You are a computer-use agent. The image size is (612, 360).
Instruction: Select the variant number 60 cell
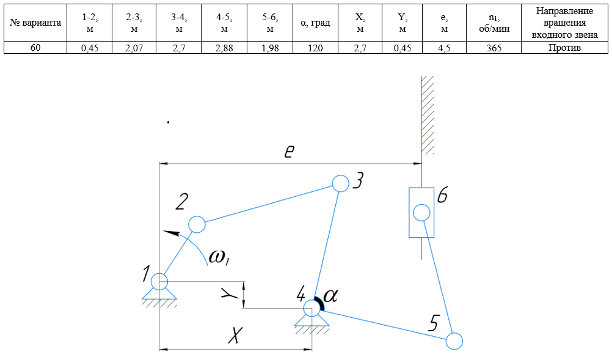point(35,48)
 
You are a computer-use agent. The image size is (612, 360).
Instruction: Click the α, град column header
point(315,23)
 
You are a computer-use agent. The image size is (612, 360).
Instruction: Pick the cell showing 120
point(315,48)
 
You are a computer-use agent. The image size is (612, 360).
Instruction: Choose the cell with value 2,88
point(224,48)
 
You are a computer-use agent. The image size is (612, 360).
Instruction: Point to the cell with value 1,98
point(269,48)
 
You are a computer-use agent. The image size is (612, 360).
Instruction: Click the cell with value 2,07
point(133,48)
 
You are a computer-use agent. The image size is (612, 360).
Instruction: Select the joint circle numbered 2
point(197,224)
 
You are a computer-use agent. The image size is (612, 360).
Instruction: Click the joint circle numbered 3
point(340,182)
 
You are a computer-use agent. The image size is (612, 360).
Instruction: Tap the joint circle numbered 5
point(454,340)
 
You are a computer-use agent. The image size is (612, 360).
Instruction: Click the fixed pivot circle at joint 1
point(159,281)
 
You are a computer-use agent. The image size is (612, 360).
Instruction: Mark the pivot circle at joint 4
point(311,308)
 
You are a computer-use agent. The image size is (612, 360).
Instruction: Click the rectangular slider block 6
point(421,213)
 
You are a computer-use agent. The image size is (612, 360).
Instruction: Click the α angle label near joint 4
point(330,296)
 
